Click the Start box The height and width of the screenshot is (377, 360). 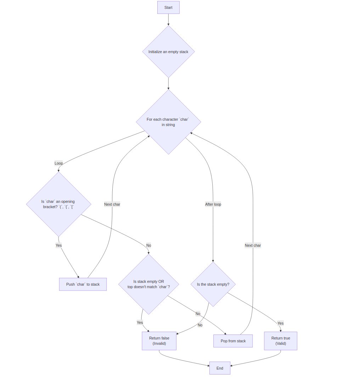168,7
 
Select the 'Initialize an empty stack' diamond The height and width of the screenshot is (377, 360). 168,52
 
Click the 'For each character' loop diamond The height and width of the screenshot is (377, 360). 168,122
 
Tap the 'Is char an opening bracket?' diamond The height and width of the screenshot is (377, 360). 58,204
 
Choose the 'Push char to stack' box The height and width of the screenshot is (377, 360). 83,284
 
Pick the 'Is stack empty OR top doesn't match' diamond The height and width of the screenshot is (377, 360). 148,284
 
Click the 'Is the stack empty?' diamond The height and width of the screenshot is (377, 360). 213,284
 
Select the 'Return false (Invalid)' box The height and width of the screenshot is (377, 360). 159,341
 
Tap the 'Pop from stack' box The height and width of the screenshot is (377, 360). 233,341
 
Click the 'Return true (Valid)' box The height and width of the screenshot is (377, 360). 280,341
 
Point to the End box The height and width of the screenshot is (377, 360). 220,368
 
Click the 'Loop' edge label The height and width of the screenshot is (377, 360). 58,163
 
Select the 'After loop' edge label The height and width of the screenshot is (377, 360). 213,204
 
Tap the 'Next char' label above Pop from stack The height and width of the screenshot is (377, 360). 253,245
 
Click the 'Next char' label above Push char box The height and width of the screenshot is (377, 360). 112,204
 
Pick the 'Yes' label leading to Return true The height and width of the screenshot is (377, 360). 280,323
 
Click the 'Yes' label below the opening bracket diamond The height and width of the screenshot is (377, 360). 58,245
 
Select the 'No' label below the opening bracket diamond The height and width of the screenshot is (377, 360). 148,245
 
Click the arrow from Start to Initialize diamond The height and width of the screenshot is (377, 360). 168,19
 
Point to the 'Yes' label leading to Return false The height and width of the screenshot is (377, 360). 140,322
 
